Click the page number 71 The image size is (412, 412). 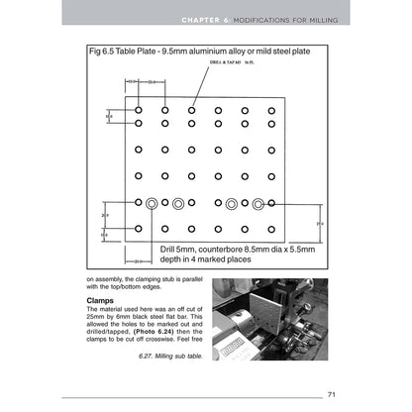pos(332,394)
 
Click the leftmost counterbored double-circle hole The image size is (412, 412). pos(153,202)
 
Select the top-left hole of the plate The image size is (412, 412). pos(140,110)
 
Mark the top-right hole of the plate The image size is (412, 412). pos(270,110)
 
